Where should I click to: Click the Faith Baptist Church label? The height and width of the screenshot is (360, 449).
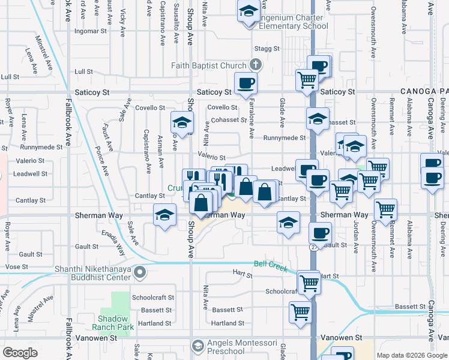[209, 65]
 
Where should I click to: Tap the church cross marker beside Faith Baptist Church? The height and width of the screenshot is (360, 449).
[255, 65]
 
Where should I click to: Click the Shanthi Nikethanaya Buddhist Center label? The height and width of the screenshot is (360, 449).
[92, 273]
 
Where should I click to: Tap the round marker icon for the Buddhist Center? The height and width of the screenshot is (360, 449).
[140, 273]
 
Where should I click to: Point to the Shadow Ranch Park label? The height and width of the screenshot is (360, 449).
[112, 323]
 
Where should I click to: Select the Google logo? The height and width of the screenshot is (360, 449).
[20, 352]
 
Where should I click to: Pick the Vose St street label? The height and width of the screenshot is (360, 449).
[17, 266]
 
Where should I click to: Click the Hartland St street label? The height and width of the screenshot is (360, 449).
[228, 323]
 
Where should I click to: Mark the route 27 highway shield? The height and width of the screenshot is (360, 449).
[313, 247]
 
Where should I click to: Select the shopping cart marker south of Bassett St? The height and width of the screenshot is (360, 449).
[300, 311]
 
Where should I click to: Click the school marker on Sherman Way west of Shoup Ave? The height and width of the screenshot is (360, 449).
[164, 216]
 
